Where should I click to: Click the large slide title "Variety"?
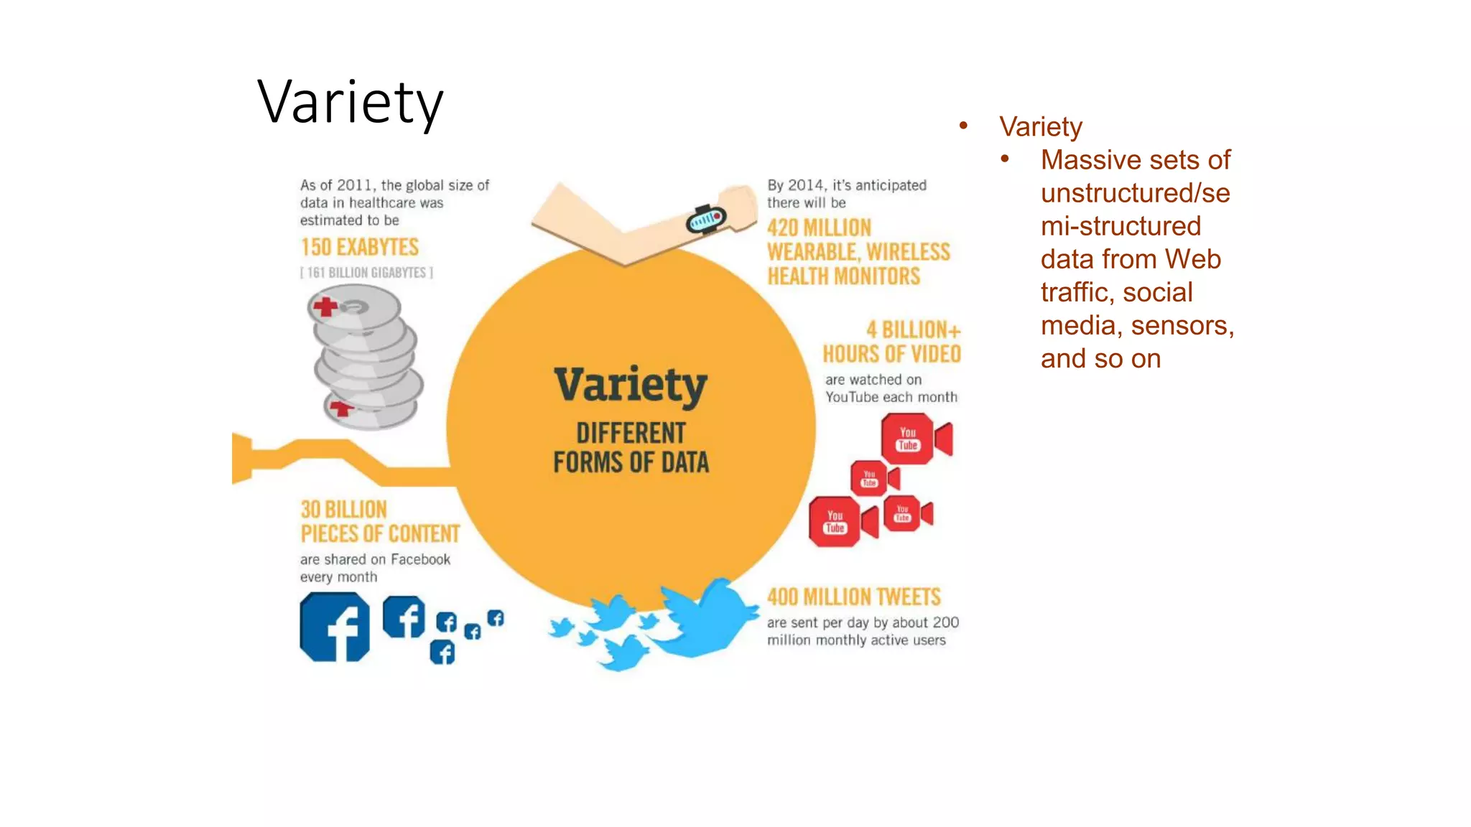350,103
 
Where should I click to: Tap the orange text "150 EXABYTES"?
359,248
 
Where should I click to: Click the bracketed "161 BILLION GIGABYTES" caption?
366,273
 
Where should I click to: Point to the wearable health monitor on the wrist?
706,219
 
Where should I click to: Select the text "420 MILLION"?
819,228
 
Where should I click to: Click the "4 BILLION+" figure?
913,330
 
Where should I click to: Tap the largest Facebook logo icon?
335,627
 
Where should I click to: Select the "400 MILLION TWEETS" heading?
853,597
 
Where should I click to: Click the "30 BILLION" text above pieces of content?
343,510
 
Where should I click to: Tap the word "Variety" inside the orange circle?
631,385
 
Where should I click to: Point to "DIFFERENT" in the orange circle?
631,434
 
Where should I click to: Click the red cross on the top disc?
325,307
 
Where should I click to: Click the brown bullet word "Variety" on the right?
1040,127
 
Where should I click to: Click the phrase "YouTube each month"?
891,398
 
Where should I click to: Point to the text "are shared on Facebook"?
375,560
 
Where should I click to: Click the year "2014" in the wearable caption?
805,185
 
